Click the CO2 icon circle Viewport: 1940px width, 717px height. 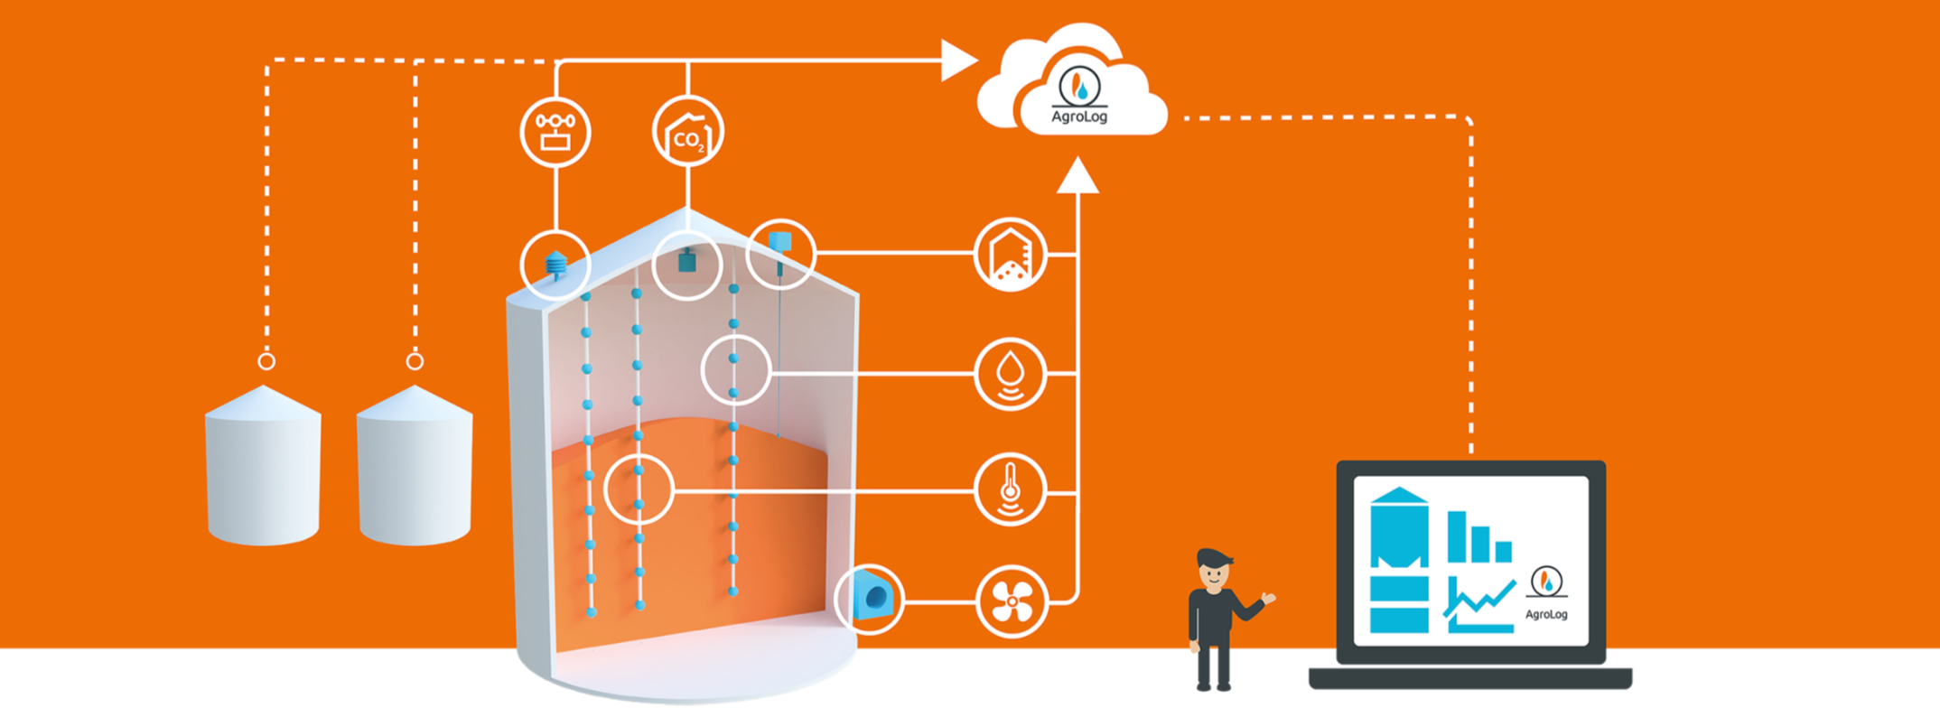(x=688, y=132)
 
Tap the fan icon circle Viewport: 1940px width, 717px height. (x=1012, y=601)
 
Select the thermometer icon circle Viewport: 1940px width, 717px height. (x=1011, y=490)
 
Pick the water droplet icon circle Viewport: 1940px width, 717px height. (x=1011, y=373)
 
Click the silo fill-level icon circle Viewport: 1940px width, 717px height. (x=1011, y=254)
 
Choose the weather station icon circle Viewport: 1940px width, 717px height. (x=555, y=132)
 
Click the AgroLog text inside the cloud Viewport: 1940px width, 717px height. (x=1079, y=116)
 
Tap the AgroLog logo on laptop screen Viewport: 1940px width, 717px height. (x=1546, y=591)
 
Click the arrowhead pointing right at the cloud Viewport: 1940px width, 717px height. (x=958, y=61)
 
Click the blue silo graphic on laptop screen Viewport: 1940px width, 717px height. (x=1399, y=560)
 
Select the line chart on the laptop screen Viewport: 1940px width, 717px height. (x=1480, y=603)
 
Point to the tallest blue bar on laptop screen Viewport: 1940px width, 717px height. (x=1457, y=536)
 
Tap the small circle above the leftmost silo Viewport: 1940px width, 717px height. (x=266, y=361)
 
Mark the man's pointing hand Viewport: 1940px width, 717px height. (x=1268, y=597)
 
